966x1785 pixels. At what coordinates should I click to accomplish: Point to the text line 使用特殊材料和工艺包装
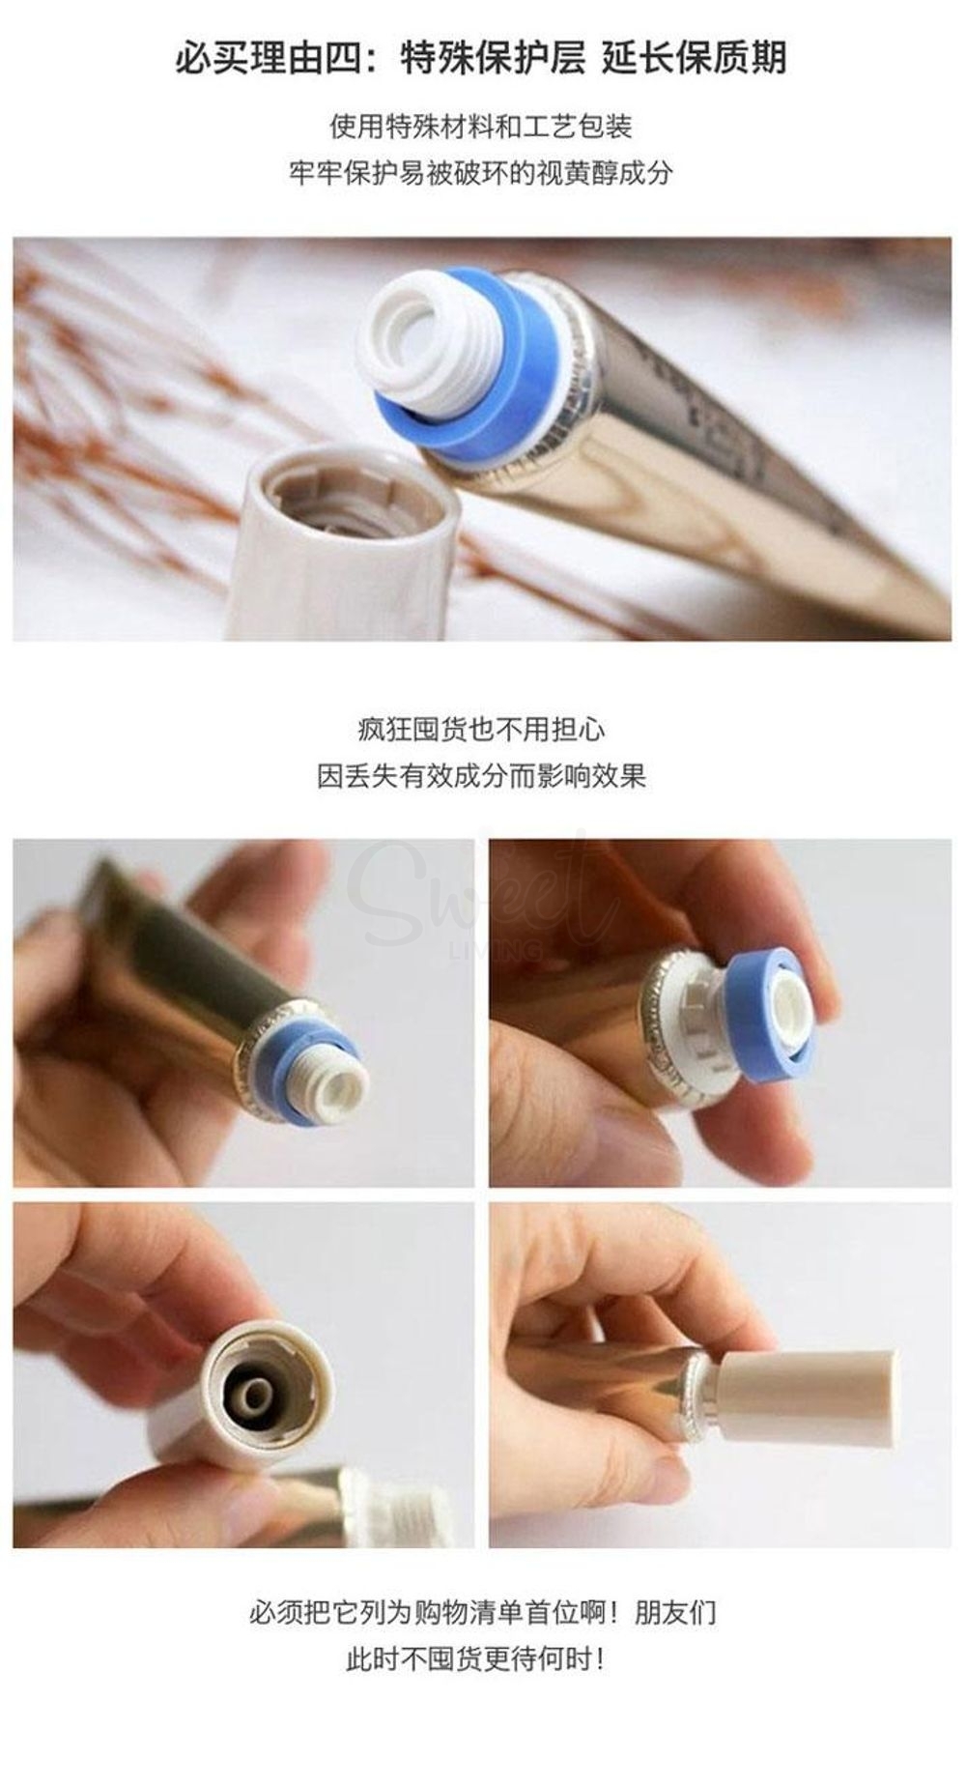[480, 127]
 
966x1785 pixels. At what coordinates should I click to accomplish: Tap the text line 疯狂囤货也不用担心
[480, 729]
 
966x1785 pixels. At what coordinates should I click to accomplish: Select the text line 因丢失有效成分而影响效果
[480, 775]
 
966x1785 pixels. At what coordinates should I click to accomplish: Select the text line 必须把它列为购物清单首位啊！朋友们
[480, 1613]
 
